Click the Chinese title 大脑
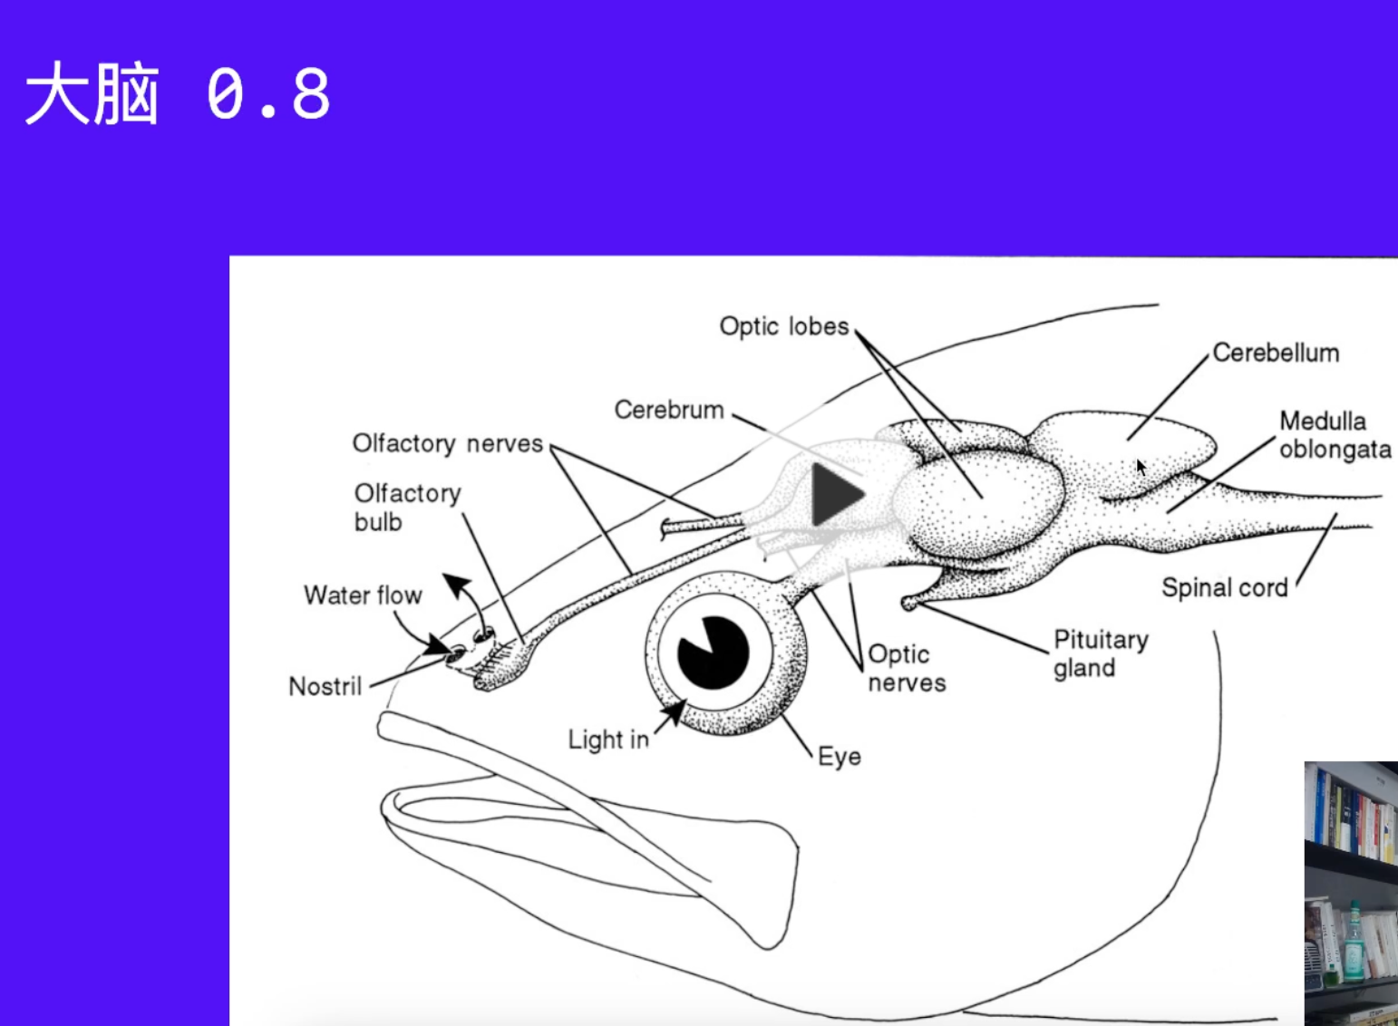92,93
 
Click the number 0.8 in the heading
268,93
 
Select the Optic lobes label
784,326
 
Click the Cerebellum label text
1277,353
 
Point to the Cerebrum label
669,410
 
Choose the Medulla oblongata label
1335,435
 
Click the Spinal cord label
1225,587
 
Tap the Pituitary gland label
1101,653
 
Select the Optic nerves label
907,668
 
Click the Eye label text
840,757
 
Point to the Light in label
608,740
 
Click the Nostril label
325,686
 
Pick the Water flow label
363,595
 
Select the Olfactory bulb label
408,508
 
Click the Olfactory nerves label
448,443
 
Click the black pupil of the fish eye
713,653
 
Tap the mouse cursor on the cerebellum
1141,467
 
